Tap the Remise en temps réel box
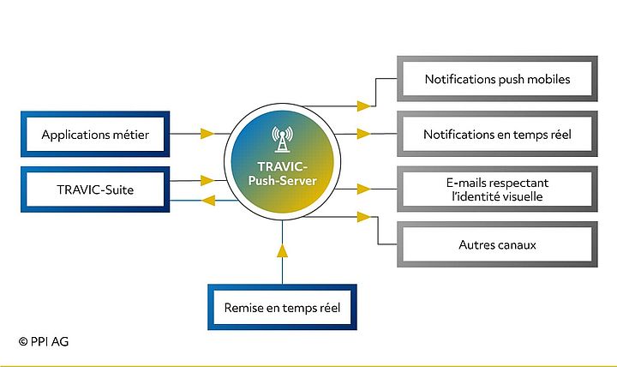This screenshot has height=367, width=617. (x=280, y=306)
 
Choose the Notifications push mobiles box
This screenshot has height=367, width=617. (x=497, y=80)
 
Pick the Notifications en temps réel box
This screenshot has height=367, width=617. (x=497, y=135)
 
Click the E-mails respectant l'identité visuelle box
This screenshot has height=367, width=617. (x=497, y=190)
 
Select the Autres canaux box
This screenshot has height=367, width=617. (x=497, y=245)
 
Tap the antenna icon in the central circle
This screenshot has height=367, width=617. (x=282, y=136)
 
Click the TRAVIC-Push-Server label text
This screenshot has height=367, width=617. (x=282, y=174)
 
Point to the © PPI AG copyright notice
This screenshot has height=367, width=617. (x=43, y=341)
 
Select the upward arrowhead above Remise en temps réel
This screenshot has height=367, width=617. (x=281, y=251)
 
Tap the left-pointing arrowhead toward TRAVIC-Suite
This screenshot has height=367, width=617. (x=207, y=201)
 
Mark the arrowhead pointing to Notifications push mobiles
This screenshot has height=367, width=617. (x=364, y=106)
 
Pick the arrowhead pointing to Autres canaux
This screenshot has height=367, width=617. (x=364, y=245)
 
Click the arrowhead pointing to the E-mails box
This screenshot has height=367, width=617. (x=364, y=189)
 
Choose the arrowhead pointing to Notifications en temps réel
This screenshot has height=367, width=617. (x=364, y=134)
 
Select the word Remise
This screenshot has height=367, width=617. (x=243, y=306)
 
